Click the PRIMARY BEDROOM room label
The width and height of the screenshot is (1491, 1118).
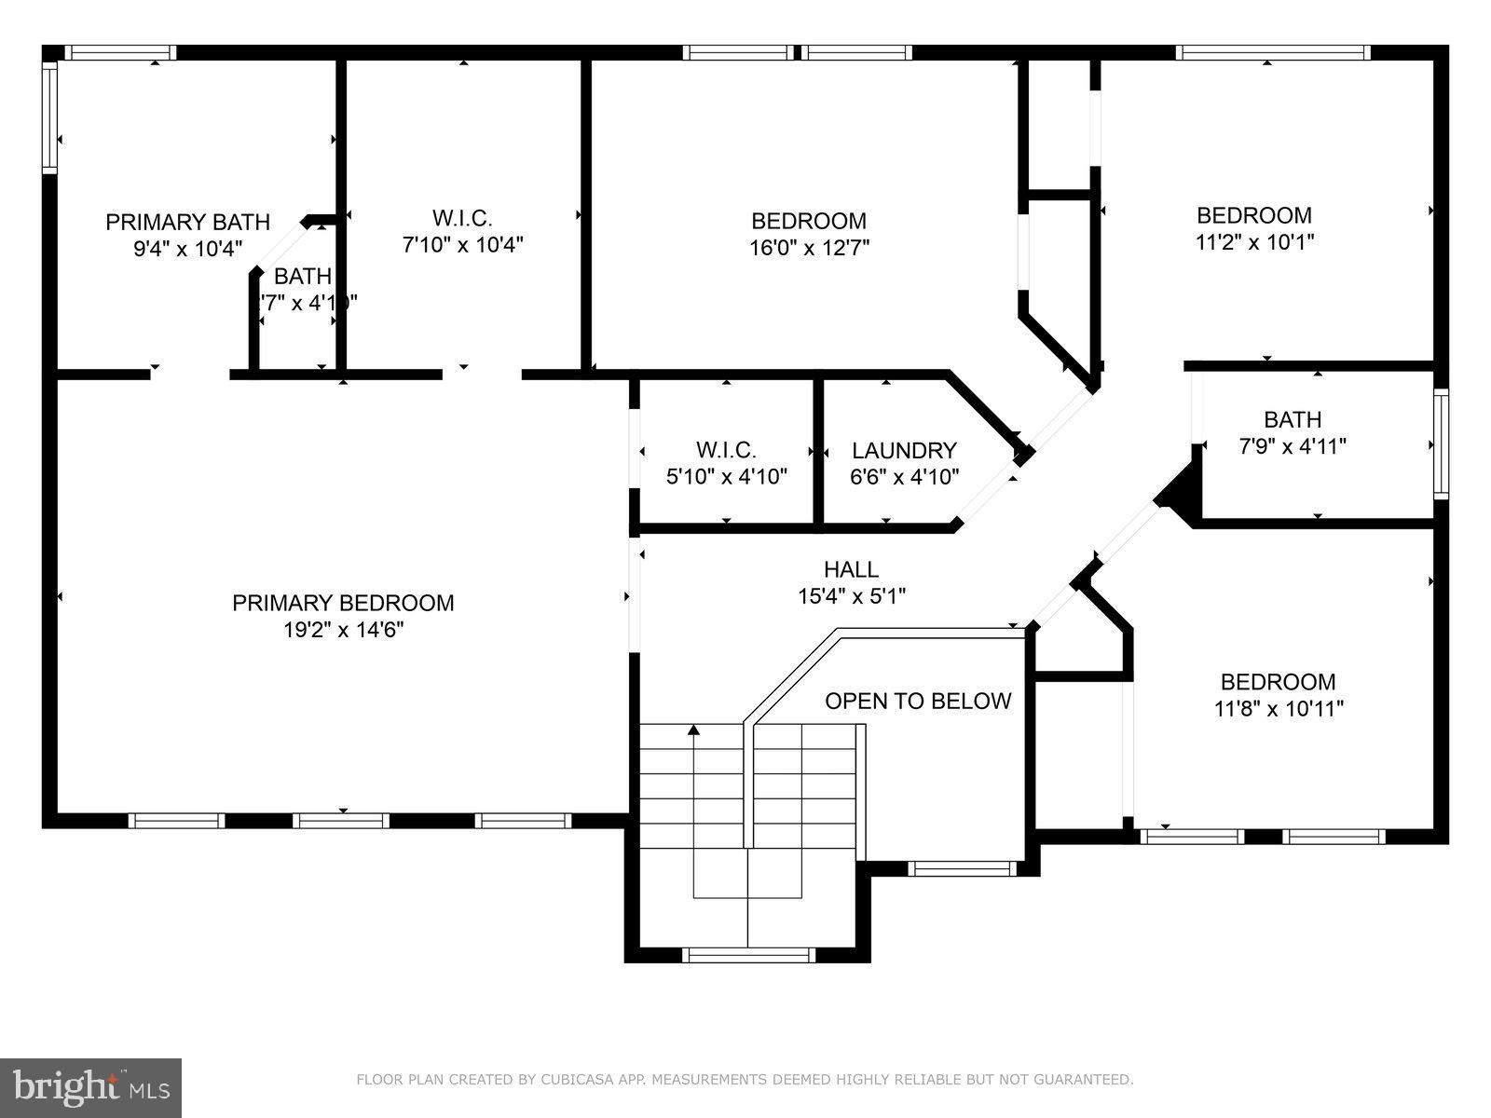point(343,603)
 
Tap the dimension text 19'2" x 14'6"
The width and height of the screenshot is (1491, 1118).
point(343,630)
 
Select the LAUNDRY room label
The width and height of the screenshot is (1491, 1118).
point(904,451)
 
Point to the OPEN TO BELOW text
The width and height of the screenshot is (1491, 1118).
point(918,701)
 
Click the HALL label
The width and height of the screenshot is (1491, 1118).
point(851,569)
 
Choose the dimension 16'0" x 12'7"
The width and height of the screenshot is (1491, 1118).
point(809,248)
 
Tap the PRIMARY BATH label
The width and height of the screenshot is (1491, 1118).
point(187,222)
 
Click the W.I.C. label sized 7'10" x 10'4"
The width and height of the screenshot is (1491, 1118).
point(462,218)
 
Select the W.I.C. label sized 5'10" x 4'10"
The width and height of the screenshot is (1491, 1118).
point(726,451)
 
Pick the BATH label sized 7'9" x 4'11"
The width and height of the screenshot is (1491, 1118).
point(1292,419)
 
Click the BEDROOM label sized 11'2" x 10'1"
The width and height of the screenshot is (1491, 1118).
point(1253,215)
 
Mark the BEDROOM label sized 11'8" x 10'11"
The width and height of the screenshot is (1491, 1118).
point(1278,682)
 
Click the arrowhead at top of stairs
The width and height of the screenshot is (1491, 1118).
point(693,729)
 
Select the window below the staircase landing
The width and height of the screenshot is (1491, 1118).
point(748,955)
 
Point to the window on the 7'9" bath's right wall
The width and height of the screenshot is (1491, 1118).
point(1441,443)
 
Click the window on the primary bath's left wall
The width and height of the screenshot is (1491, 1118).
point(50,116)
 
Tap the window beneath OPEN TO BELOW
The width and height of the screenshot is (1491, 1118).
point(963,868)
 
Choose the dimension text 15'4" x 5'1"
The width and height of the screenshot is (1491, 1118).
point(851,596)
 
